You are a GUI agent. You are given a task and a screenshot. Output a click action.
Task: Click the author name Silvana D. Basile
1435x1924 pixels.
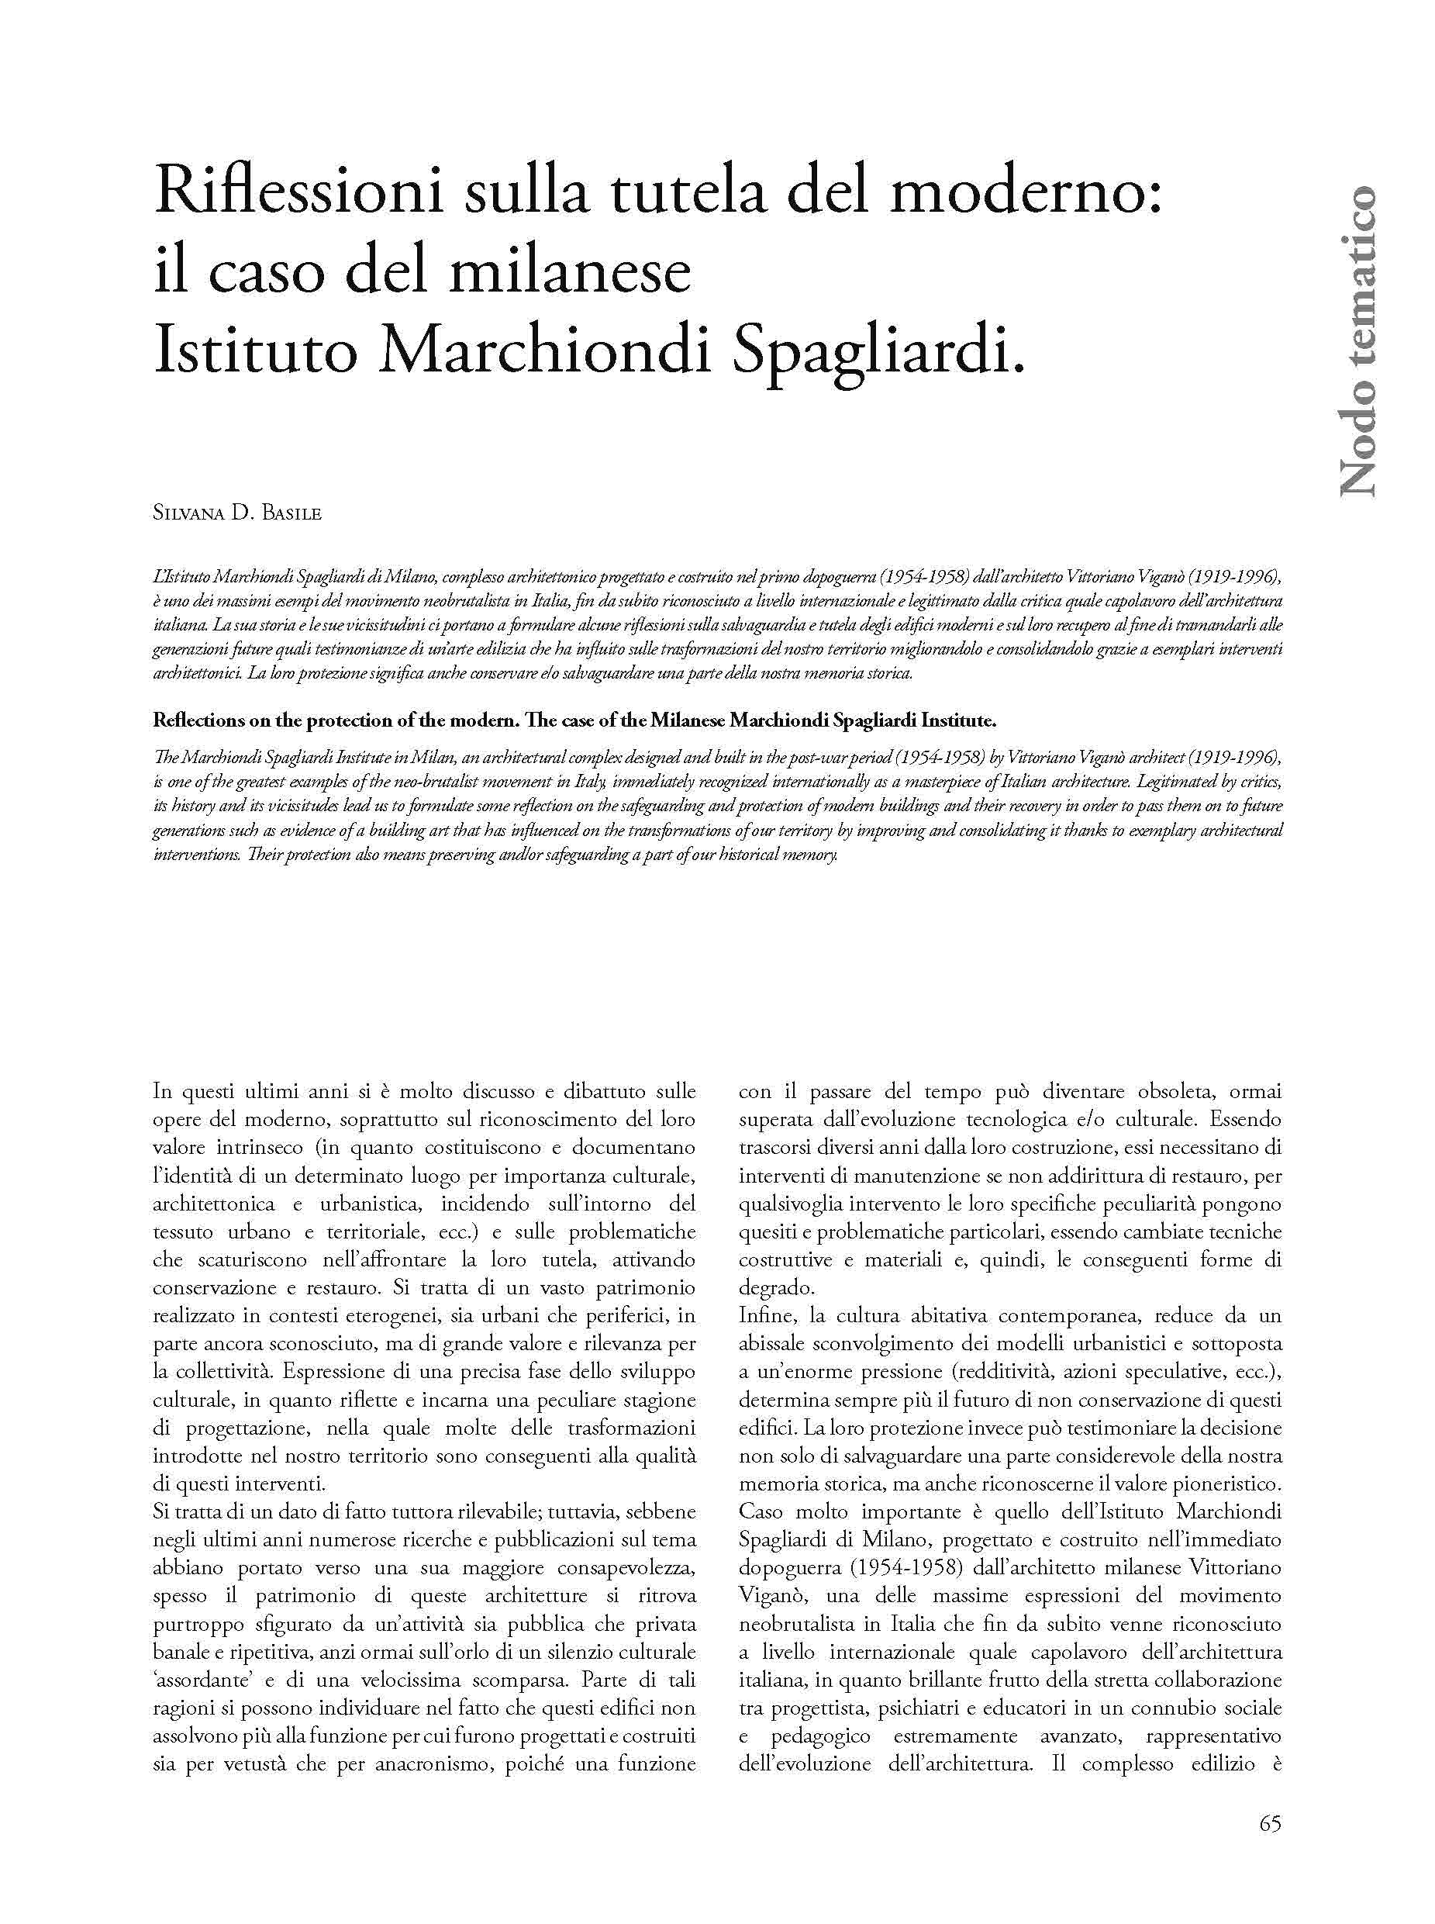tap(237, 513)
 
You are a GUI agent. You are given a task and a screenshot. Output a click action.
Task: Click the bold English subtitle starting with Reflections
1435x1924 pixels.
tap(574, 721)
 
